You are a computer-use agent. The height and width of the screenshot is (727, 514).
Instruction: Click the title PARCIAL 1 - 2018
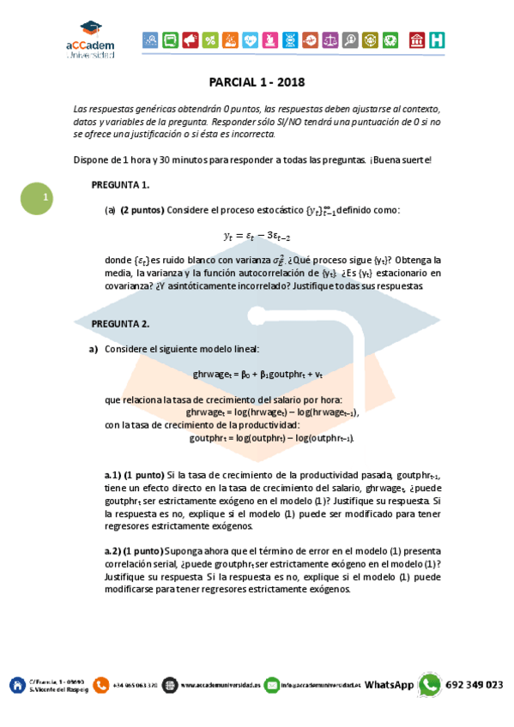coord(257,82)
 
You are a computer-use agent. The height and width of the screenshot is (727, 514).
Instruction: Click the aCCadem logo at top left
coord(90,40)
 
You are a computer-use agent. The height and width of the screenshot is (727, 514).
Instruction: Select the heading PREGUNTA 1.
coord(121,184)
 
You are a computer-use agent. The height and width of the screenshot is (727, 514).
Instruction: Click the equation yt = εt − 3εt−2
coord(258,234)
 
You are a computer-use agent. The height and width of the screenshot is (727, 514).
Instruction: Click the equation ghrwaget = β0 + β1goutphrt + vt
coord(257,375)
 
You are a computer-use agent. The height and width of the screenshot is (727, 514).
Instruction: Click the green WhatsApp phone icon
coord(430,684)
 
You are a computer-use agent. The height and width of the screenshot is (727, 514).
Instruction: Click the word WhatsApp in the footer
coord(390,685)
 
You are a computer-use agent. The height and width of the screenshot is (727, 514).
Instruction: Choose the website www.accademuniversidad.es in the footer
coord(220,686)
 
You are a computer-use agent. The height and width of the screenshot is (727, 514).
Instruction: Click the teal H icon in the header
coord(438,40)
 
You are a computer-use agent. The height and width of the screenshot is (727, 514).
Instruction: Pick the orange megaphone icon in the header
coord(190,39)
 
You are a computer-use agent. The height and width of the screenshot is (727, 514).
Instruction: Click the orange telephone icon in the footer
coord(101,685)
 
